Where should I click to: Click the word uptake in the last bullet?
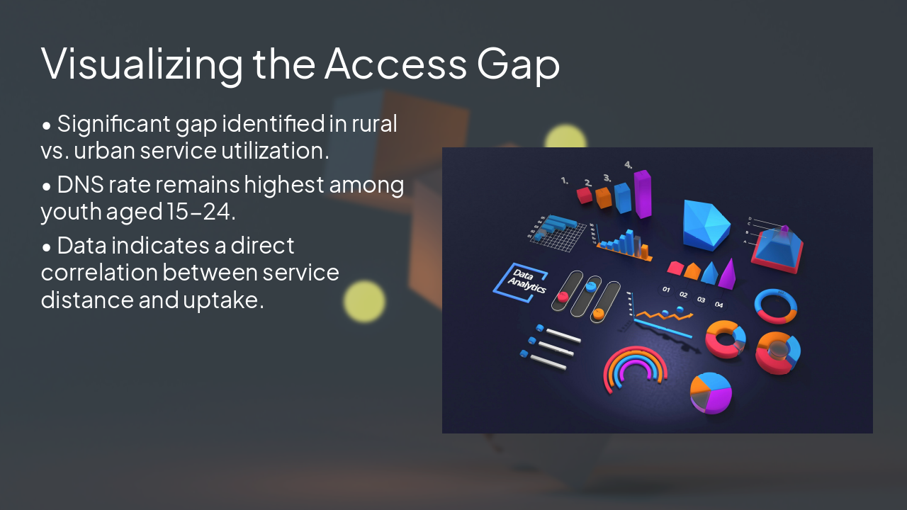[223, 300]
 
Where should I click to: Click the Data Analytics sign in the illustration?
[520, 281]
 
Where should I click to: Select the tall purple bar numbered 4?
[642, 193]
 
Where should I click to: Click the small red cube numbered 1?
[585, 195]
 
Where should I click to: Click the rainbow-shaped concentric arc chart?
[635, 368]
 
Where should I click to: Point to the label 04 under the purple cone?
[719, 305]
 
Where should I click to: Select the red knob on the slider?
[563, 296]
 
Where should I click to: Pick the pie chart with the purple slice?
[711, 392]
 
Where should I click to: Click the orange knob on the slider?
[599, 312]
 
